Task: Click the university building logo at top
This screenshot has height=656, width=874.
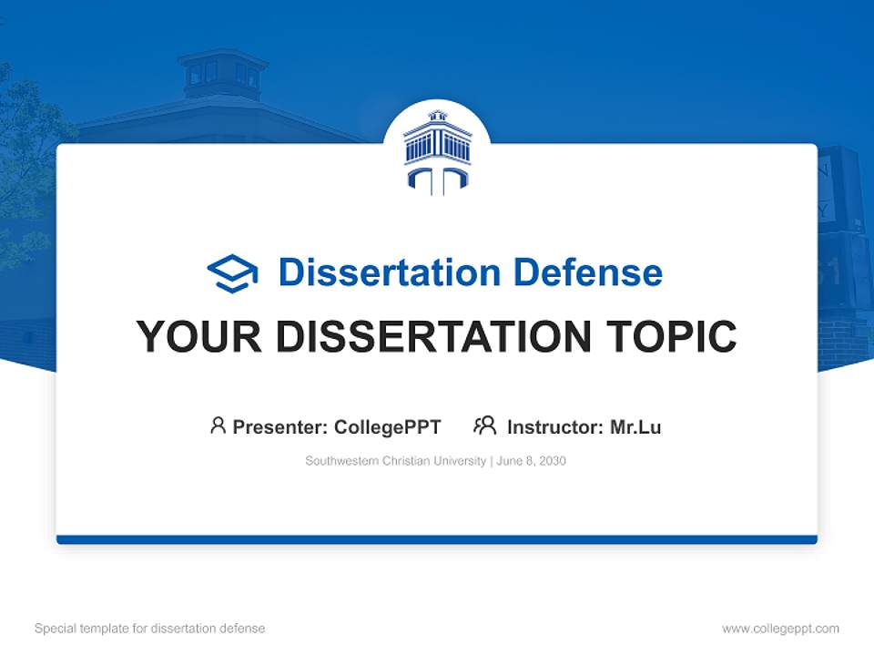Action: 437,151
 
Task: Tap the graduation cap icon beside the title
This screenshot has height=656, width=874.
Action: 232,272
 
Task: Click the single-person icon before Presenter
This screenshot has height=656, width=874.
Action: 218,425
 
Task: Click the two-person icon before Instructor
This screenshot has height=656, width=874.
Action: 484,425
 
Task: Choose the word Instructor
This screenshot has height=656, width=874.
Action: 554,426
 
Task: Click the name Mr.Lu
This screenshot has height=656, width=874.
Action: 635,426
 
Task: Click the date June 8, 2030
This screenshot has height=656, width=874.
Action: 532,461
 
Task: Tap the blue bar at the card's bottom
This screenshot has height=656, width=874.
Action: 437,539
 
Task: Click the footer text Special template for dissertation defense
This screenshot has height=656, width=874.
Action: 150,629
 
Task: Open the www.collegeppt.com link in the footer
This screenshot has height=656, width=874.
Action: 780,629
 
